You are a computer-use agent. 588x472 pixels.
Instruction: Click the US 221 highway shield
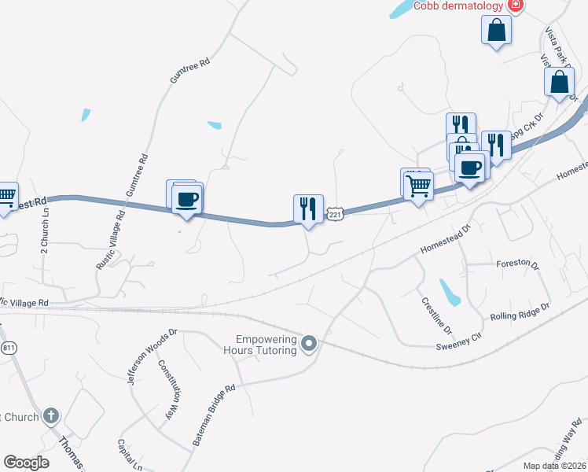click(336, 214)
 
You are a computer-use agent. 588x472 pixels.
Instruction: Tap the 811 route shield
click(9, 347)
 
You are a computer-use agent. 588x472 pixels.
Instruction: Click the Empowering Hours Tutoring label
click(262, 345)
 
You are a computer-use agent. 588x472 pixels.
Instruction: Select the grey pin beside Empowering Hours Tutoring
click(309, 343)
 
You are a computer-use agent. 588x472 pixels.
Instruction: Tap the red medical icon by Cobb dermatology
click(516, 6)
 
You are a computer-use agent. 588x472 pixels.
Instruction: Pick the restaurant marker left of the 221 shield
click(307, 209)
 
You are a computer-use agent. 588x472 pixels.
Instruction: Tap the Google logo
click(27, 463)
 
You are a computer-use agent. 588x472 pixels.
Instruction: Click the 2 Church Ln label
click(45, 229)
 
